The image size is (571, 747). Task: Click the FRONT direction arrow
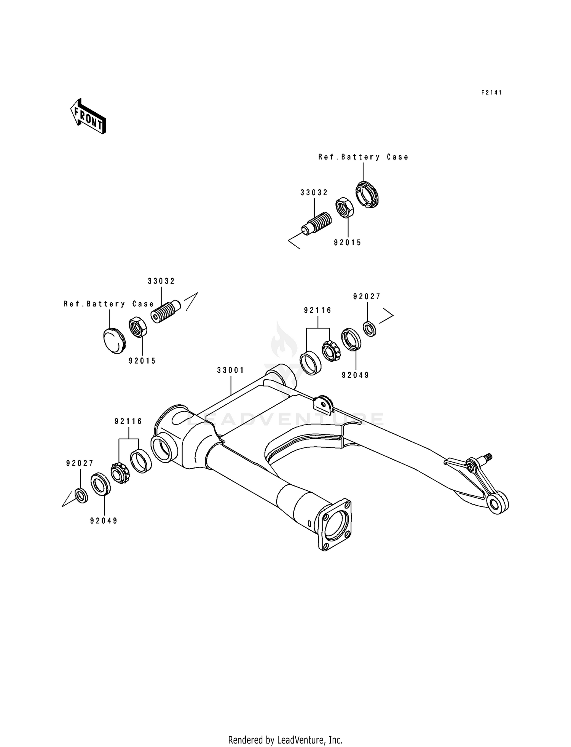[x=88, y=116]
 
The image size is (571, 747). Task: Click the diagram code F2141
[x=491, y=93]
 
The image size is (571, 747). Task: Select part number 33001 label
[x=231, y=370]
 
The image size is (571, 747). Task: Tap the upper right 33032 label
[x=314, y=193]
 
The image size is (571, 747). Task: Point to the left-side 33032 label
[x=161, y=281]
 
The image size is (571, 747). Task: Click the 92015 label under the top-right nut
[x=348, y=243]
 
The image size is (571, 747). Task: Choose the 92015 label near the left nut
[x=142, y=361]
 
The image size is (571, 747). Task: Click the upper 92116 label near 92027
[x=318, y=310]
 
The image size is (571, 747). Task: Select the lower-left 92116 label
[x=128, y=421]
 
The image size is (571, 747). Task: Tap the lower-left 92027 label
[x=80, y=463]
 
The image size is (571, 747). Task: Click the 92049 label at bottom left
[x=104, y=520]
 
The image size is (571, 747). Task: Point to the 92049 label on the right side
[x=356, y=375]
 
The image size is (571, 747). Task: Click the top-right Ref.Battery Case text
[x=363, y=157]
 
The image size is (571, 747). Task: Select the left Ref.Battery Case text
[x=109, y=304]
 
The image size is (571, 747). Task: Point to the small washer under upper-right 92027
[x=369, y=329]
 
